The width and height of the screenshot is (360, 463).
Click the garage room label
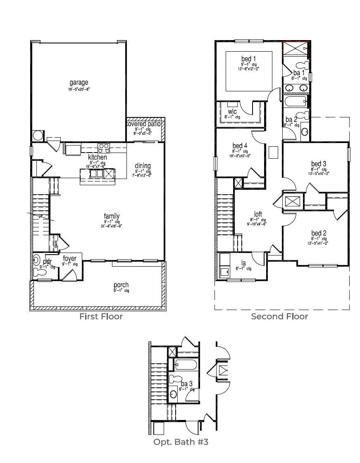79,83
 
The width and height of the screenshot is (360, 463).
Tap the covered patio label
143,124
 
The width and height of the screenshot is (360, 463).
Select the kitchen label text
98,158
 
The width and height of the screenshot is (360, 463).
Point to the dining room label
143,166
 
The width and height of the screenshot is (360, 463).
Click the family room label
112,216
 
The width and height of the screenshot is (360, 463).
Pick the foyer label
69,259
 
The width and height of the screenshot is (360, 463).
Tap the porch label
121,285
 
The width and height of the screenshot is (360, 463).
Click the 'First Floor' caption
101,317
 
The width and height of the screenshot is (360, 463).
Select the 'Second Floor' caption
279,317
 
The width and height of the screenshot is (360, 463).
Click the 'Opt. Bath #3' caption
181,442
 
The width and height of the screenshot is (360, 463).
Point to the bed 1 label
248,59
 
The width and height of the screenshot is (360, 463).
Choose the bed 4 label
240,146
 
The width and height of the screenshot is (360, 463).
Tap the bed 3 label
319,164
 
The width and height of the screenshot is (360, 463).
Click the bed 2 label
319,234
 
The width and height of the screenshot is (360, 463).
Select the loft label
258,214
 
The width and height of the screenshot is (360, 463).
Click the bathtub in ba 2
295,101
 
